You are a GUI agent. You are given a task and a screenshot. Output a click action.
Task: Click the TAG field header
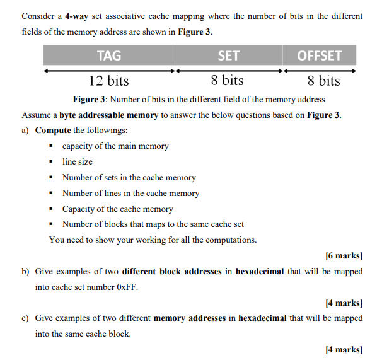coord(109,55)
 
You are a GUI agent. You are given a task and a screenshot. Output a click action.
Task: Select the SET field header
coord(228,55)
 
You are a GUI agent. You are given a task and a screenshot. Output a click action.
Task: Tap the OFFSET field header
coord(319,55)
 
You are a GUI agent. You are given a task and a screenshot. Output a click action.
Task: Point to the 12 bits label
coord(108,81)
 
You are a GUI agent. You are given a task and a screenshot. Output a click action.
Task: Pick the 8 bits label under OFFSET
coord(323,81)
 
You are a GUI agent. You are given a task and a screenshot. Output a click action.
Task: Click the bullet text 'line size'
coord(78,162)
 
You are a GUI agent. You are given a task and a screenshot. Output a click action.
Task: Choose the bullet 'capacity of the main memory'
coord(115,146)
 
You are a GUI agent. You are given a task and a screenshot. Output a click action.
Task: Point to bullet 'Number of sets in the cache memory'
coord(129,178)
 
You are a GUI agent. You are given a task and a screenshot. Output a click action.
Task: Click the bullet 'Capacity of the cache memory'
coord(117,209)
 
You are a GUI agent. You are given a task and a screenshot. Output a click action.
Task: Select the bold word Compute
coord(53,131)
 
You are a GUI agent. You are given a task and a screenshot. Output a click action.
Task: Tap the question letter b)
coord(26,271)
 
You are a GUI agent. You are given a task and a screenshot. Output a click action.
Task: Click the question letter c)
coord(26,318)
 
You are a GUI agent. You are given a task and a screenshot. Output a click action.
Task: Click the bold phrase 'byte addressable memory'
coord(110,115)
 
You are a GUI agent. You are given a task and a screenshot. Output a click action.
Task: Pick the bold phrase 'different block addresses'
coord(171,271)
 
